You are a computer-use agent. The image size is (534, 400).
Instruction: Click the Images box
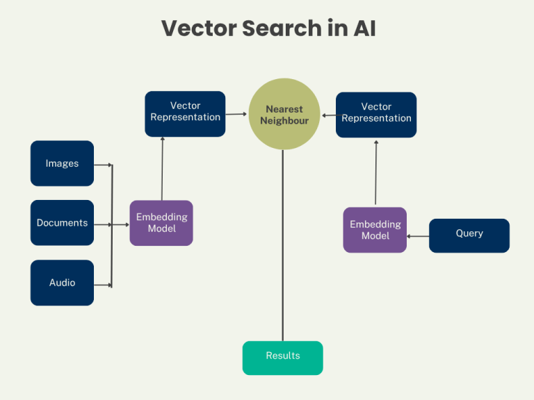click(62, 164)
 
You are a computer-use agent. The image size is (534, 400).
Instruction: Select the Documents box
click(62, 223)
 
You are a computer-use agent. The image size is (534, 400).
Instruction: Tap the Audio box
click(62, 283)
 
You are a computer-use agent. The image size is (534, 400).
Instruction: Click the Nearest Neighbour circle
click(284, 115)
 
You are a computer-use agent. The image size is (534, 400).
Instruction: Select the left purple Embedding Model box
click(161, 223)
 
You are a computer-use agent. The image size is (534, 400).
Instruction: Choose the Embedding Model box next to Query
click(375, 230)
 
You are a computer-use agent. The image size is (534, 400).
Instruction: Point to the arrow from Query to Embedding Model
click(418, 236)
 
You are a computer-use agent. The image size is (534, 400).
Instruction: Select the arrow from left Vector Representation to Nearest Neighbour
click(236, 114)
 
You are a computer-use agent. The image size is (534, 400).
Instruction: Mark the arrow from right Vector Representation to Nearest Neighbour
click(328, 115)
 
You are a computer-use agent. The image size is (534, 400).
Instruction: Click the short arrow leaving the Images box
click(102, 165)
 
